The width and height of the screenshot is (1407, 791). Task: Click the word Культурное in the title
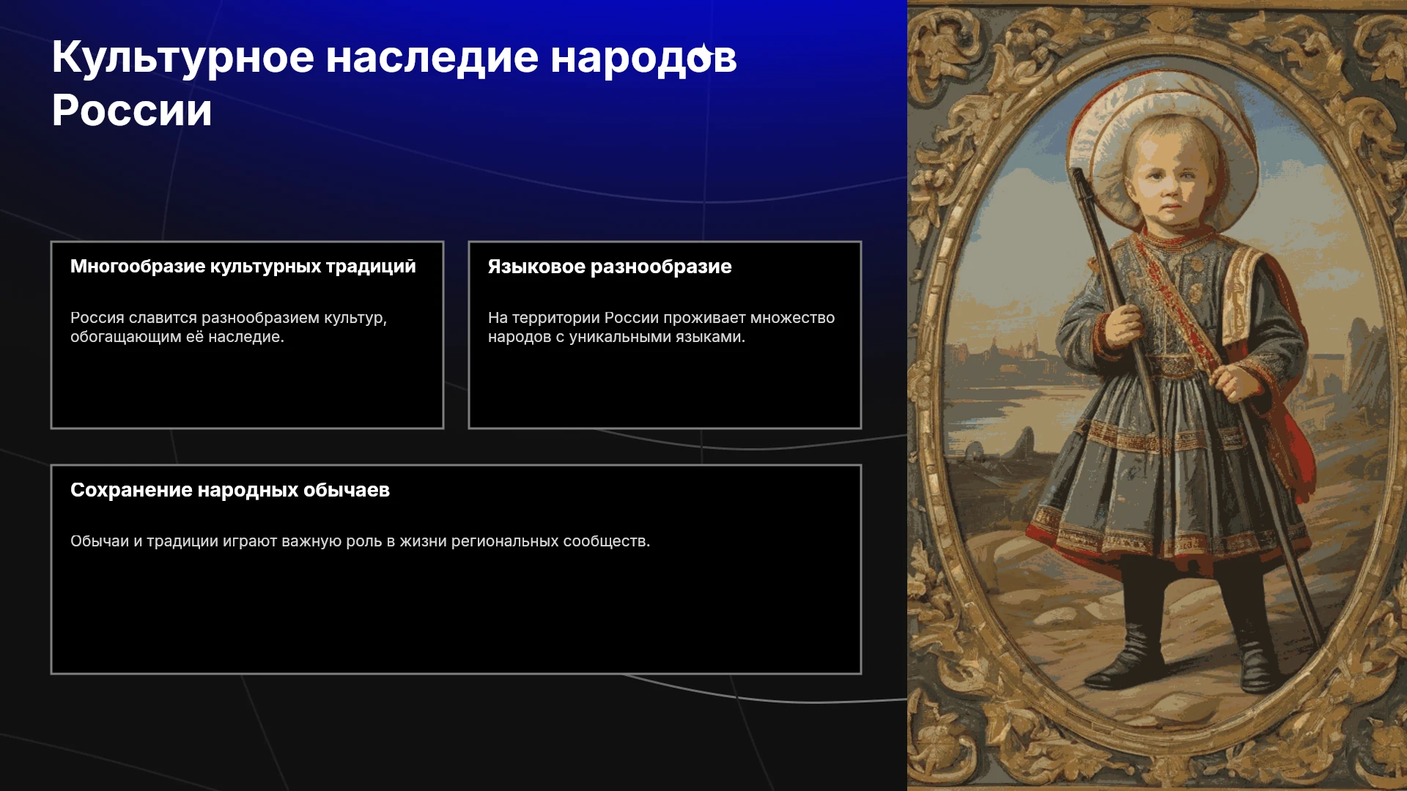[183, 58]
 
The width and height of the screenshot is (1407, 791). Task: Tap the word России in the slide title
[132, 111]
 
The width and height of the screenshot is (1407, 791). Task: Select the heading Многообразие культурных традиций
[243, 267]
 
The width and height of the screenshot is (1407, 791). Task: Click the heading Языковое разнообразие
[610, 267]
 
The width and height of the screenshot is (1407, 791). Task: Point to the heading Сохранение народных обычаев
[230, 490]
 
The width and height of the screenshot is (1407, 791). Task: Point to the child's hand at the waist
[1233, 382]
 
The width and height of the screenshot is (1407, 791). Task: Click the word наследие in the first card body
[245, 337]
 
